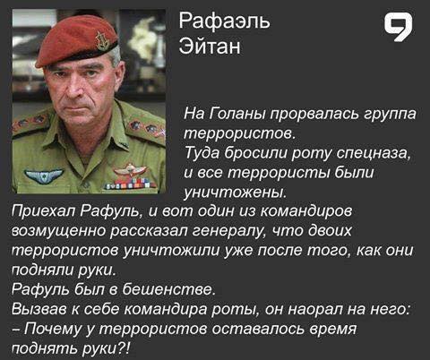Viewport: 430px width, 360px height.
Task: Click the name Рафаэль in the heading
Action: click(224, 19)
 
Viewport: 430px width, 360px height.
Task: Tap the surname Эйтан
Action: click(211, 45)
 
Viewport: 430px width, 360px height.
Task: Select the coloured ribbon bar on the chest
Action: click(131, 184)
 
